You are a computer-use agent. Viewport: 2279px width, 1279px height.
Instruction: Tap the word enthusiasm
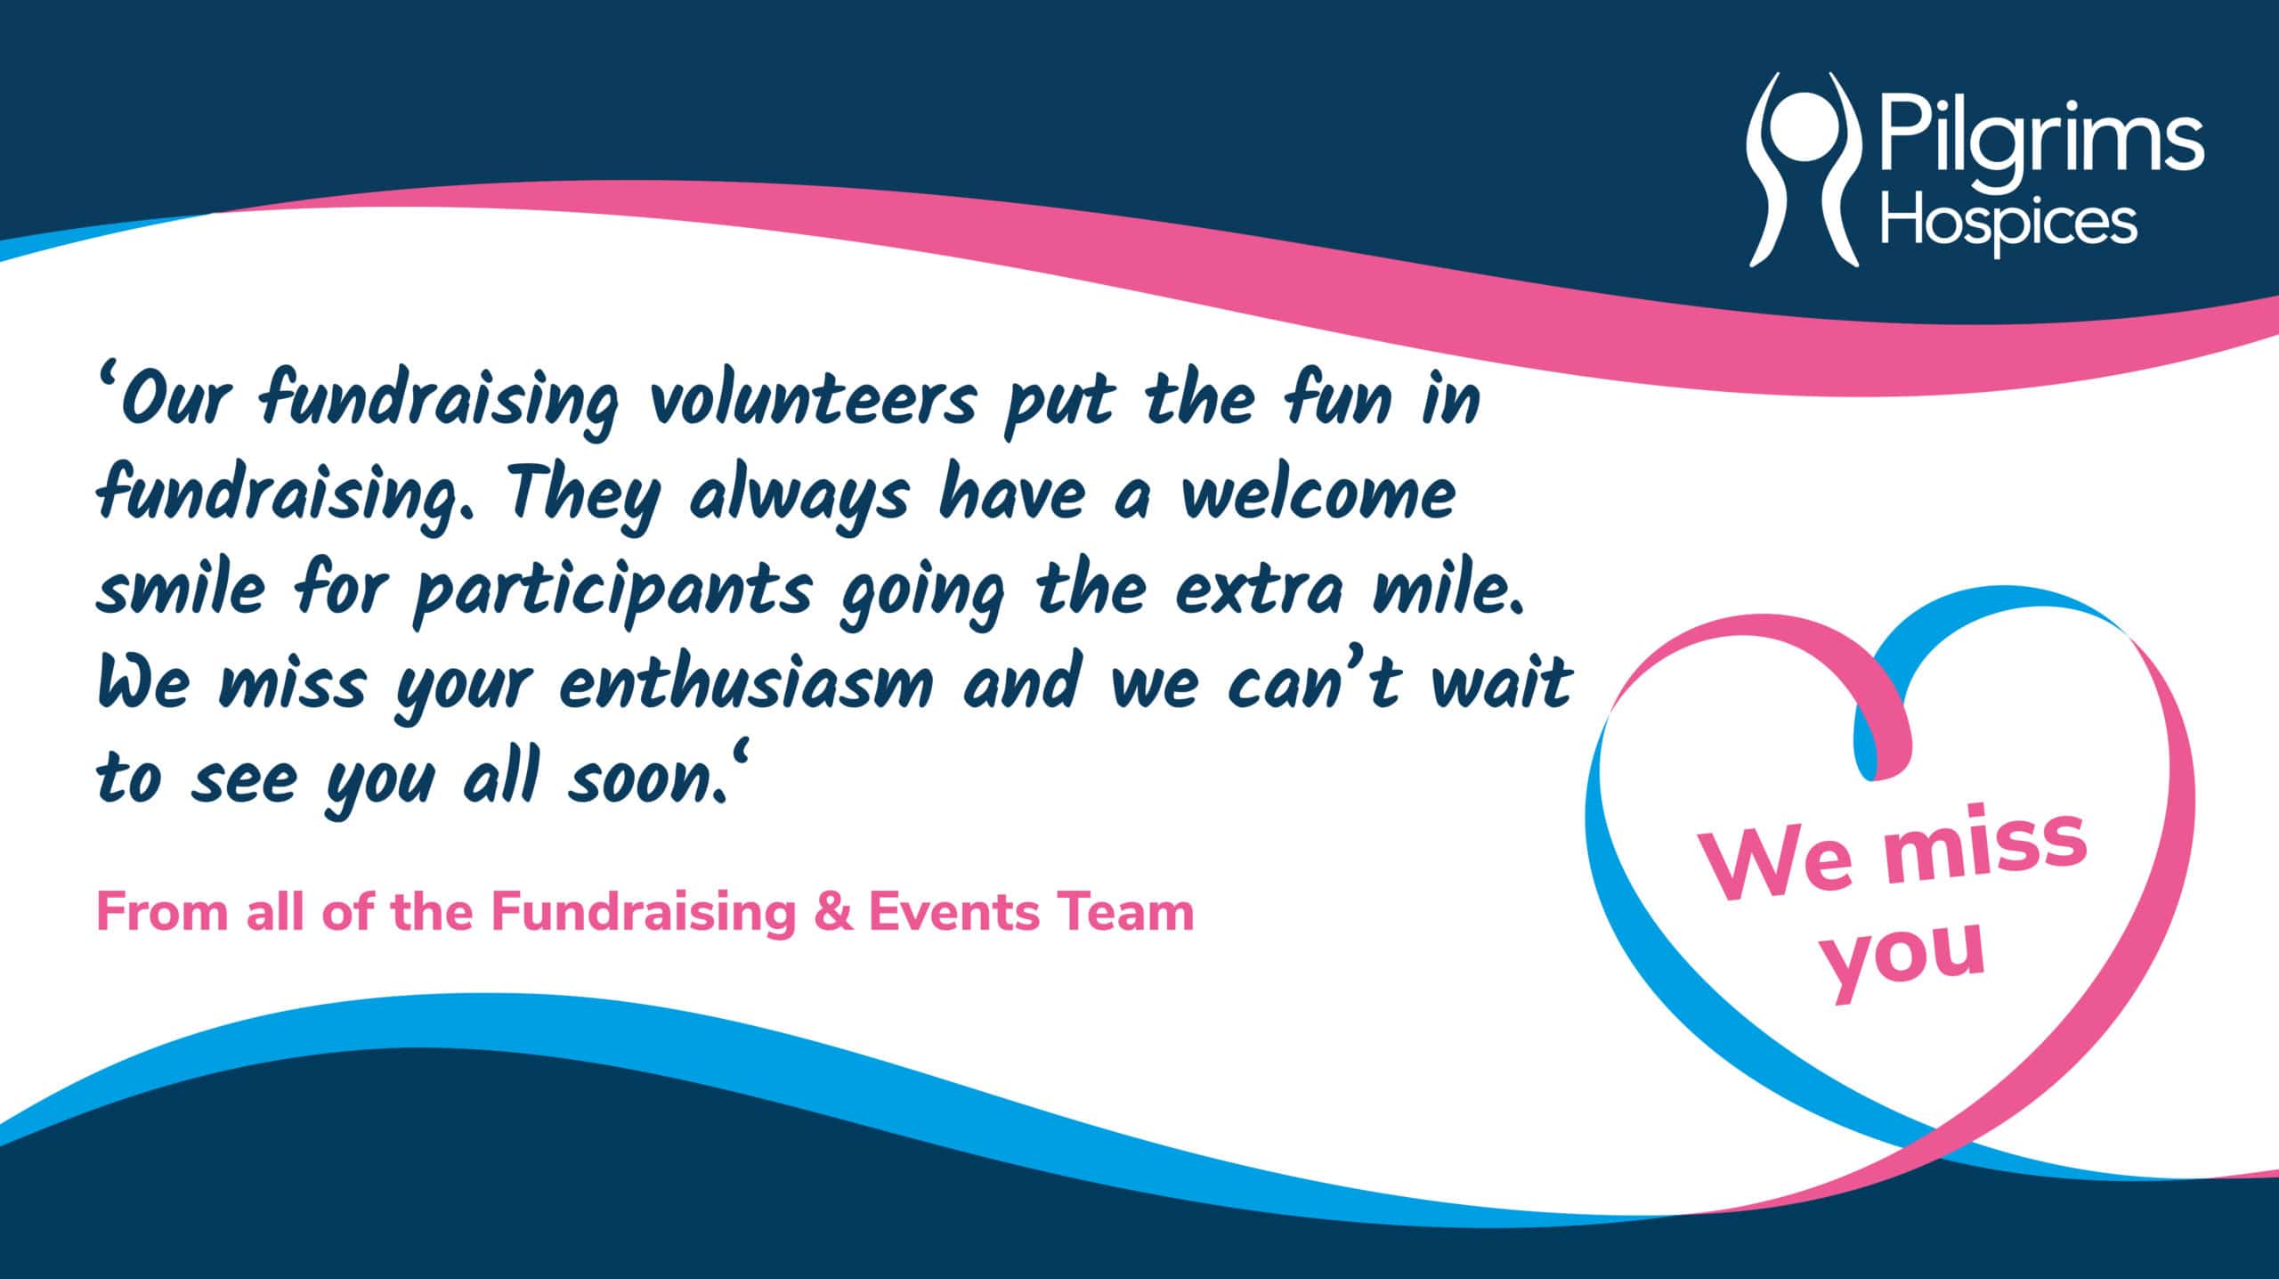pos(748,686)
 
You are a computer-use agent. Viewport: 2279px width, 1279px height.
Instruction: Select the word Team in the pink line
pos(1125,913)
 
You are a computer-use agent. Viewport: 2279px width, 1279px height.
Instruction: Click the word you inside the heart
pos(1904,962)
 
